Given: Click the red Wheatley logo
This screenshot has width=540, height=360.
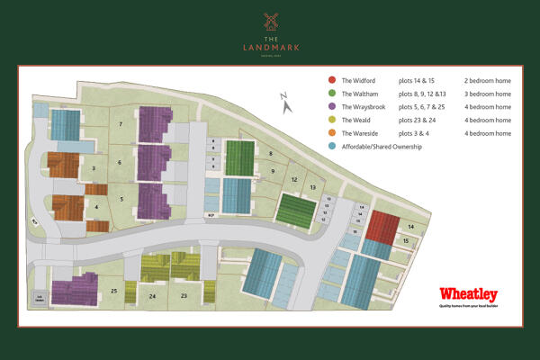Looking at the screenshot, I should click(468, 295).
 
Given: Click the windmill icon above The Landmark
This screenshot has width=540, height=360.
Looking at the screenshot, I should click(269, 21).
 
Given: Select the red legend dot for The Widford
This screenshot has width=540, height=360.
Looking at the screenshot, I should click(332, 80).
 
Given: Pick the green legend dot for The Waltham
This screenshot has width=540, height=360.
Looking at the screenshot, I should click(332, 94).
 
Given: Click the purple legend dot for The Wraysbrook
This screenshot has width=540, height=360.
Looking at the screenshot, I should click(332, 106).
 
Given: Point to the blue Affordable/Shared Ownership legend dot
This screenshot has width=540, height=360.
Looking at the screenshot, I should click(332, 146).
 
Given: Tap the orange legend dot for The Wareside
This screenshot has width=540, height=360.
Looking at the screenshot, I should click(332, 132).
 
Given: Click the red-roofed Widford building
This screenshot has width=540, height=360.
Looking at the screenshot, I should click(381, 227).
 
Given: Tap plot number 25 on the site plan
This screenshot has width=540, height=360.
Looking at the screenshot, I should click(114, 291).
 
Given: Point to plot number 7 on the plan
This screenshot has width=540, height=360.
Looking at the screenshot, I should click(121, 123).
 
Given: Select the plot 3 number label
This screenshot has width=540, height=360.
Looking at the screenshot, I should click(94, 167).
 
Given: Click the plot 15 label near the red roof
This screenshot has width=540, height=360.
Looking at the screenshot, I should click(406, 241).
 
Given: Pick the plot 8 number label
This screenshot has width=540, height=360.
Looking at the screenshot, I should click(270, 154).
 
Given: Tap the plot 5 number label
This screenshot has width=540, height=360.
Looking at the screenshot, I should click(121, 198).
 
